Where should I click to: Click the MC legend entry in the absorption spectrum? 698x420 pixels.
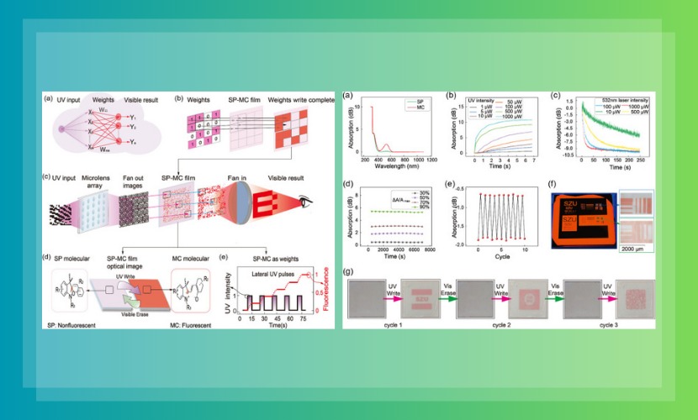click(x=414, y=107)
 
